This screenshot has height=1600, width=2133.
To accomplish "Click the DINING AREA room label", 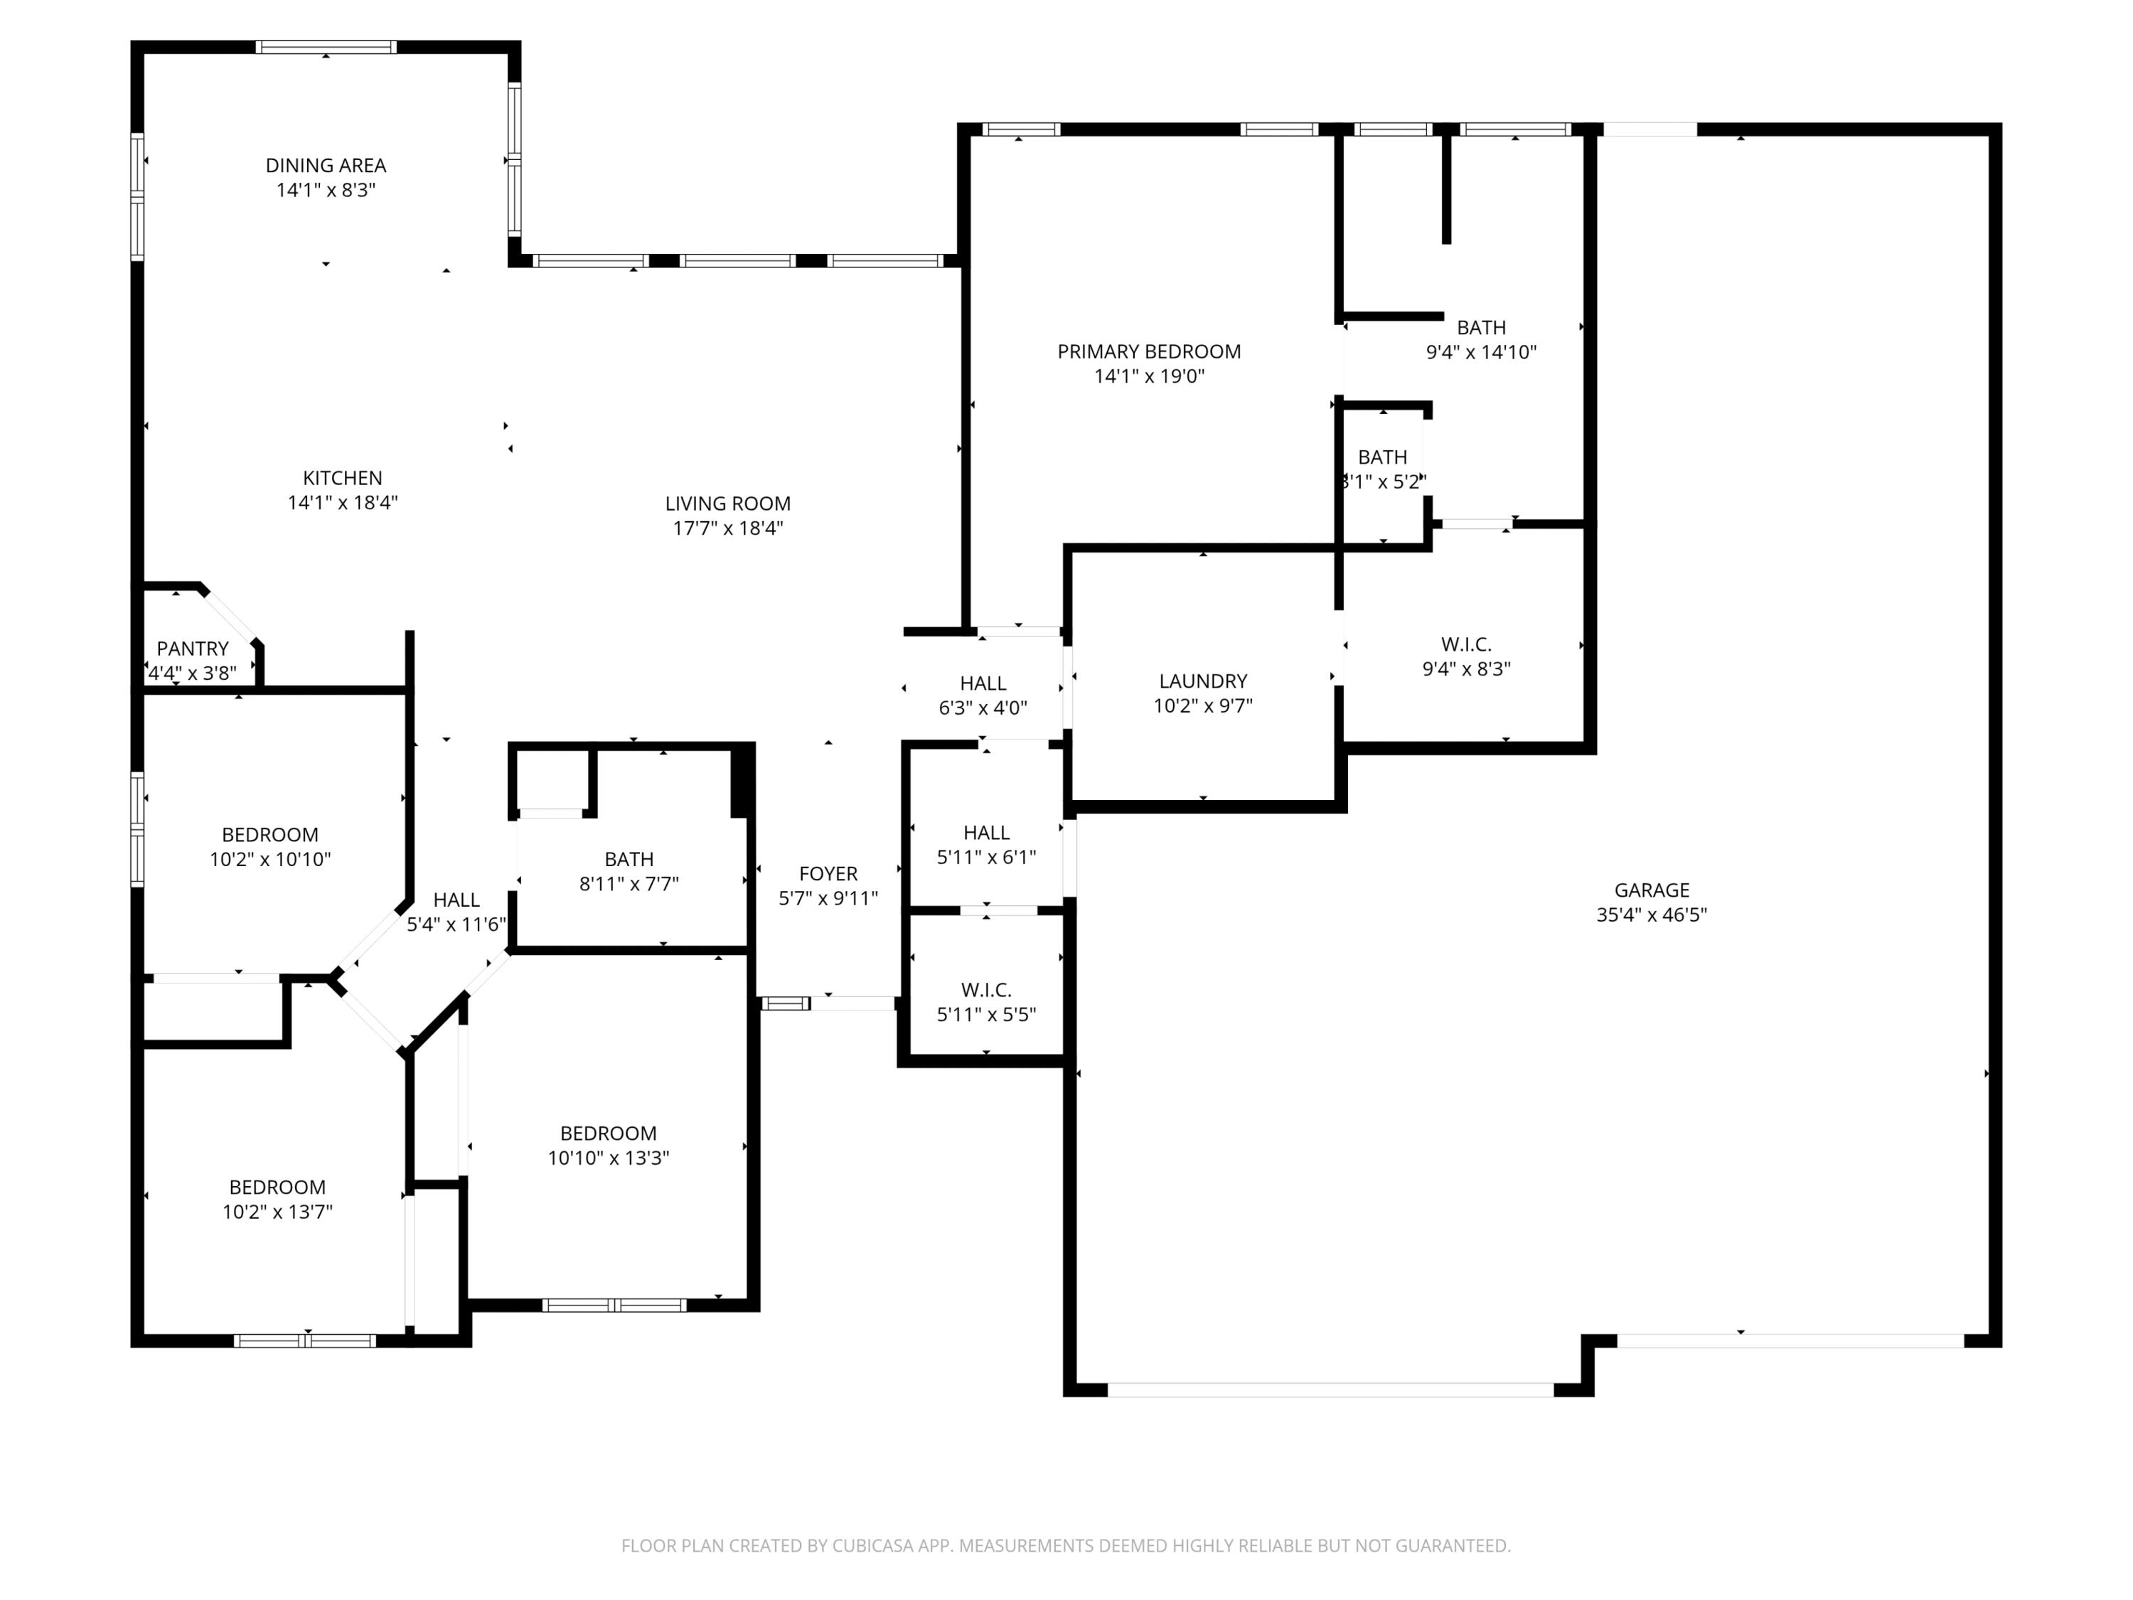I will [x=326, y=166].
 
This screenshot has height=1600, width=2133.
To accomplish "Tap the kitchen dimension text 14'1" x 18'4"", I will [x=342, y=503].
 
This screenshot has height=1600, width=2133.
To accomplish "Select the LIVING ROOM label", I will [x=727, y=503].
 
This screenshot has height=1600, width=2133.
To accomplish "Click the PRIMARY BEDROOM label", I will [x=1148, y=352].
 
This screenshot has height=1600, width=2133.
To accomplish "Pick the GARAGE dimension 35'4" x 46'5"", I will [x=1651, y=915].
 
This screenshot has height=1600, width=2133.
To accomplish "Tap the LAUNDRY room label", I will [x=1202, y=681].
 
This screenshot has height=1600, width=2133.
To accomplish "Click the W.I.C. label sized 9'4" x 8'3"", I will [x=1465, y=644].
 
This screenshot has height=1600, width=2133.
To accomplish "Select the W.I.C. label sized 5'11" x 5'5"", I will [x=985, y=990].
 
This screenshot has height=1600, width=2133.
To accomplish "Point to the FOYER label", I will [x=828, y=874].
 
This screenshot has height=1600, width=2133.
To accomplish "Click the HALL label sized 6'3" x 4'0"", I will [x=983, y=683].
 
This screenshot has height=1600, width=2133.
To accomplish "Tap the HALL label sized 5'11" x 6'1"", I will [x=985, y=832].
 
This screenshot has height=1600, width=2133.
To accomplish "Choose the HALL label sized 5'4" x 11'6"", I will [x=456, y=900].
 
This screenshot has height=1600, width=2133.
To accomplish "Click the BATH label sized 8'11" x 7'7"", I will [x=629, y=859].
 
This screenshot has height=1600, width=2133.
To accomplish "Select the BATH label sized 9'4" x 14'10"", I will [x=1480, y=328].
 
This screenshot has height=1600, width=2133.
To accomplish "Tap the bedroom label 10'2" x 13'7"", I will [x=277, y=1188].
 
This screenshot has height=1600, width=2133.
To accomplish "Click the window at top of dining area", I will [x=326, y=46].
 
